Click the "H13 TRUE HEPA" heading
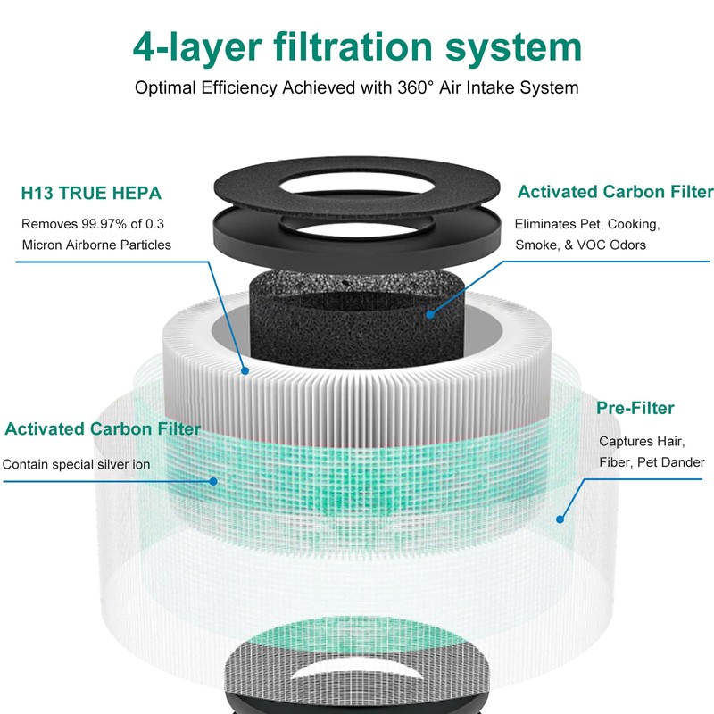coord(91,193)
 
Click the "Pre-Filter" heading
coord(635,409)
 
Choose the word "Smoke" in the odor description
coord(535,245)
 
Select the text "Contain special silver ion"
coord(76,464)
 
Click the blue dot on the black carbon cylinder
coord(430,313)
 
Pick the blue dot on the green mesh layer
coord(214,481)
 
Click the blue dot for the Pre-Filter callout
coord(561,517)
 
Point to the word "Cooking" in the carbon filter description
coord(635,224)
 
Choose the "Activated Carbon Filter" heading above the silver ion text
coord(103,429)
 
